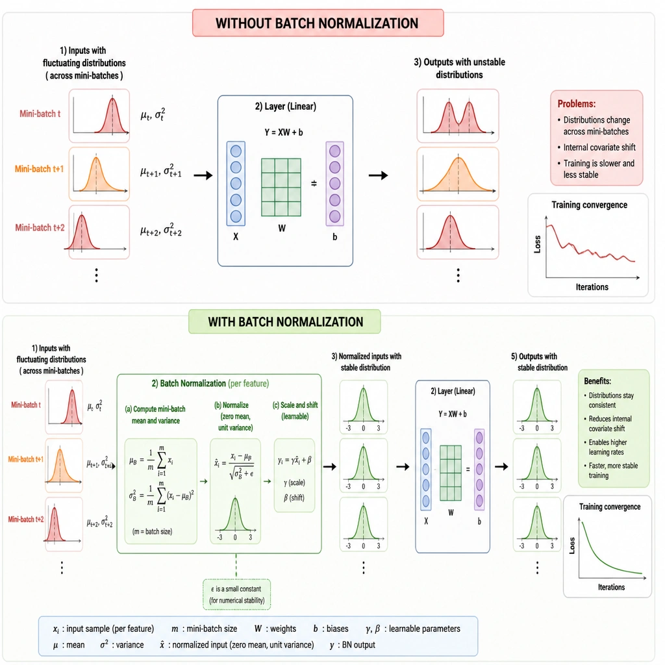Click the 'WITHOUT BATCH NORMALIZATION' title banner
click(318, 23)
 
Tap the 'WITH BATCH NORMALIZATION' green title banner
click(284, 322)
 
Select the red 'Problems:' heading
click(577, 104)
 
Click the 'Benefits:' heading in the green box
click(597, 381)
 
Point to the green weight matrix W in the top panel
click(281, 187)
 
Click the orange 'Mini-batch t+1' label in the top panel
click(39, 169)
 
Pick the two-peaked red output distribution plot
click(458, 116)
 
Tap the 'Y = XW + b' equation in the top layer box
click(284, 132)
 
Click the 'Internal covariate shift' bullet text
click(599, 147)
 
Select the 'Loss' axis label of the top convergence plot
click(537, 244)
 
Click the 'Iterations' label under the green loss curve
click(611, 587)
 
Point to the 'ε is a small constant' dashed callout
click(236, 594)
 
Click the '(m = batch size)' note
click(152, 531)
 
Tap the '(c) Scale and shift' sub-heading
click(295, 405)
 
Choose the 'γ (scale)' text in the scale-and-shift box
click(294, 483)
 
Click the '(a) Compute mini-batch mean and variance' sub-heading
click(155, 415)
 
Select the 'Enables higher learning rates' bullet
click(607, 447)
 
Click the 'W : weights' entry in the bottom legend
click(275, 629)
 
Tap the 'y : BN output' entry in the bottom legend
click(353, 645)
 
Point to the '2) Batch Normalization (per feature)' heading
click(210, 383)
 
